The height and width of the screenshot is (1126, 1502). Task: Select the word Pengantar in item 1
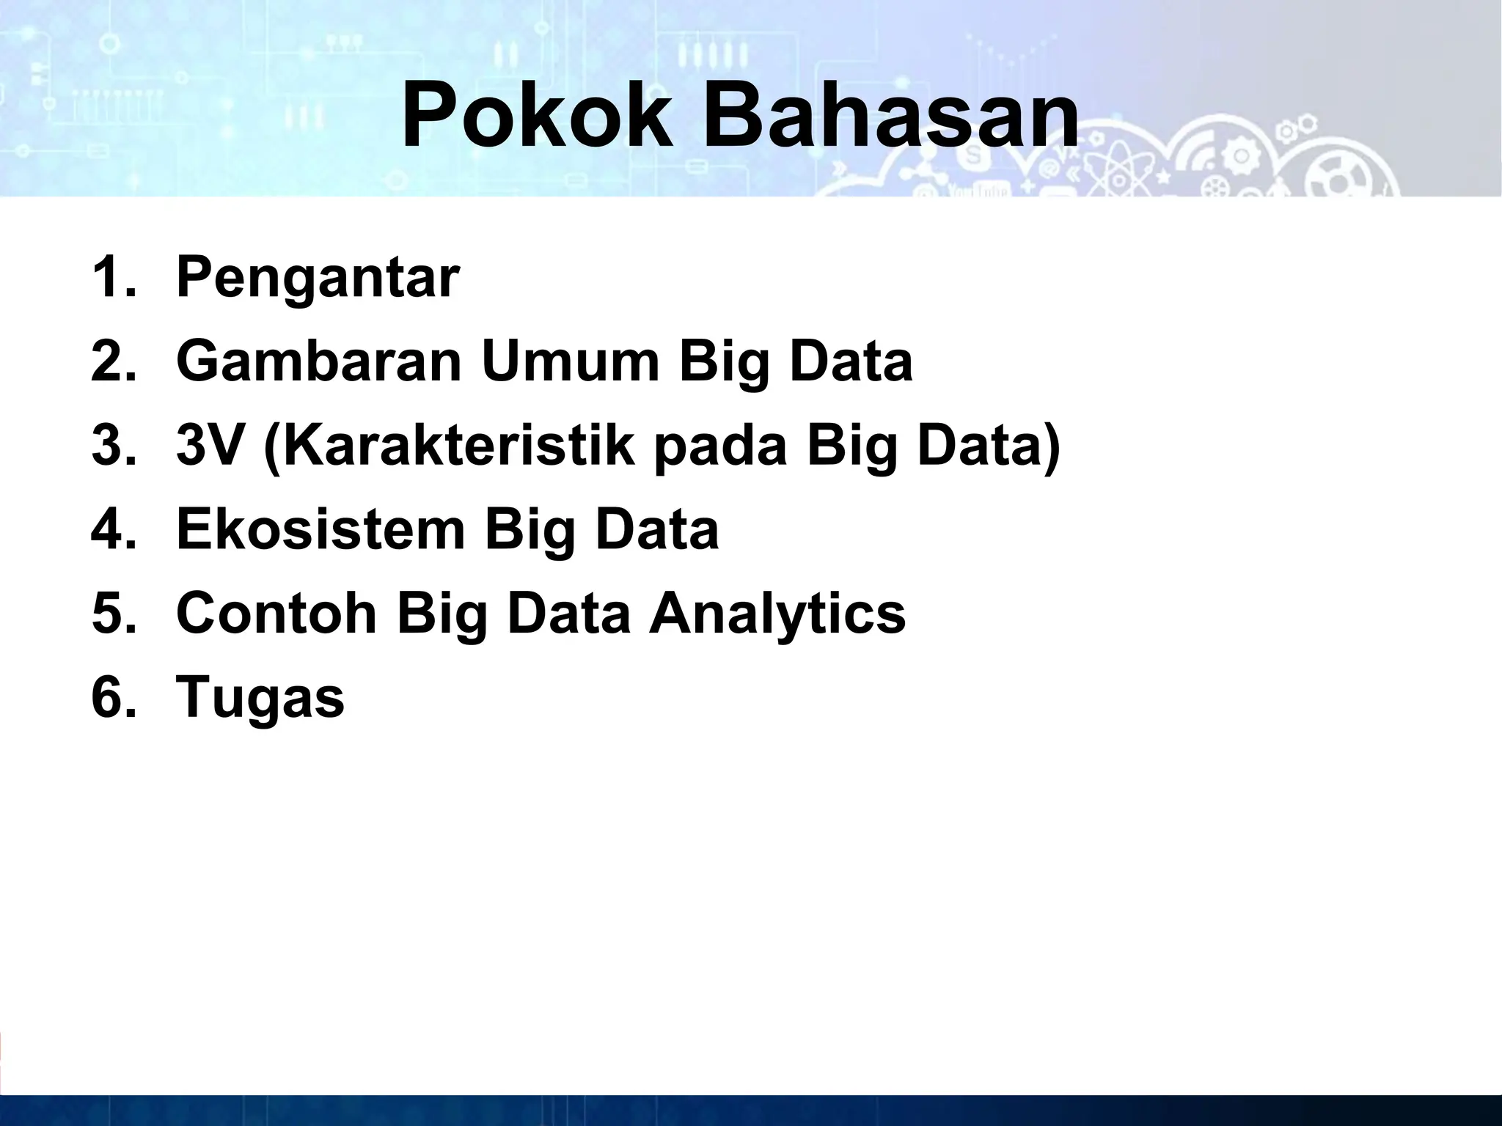click(x=318, y=279)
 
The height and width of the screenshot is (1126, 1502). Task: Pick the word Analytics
click(x=777, y=614)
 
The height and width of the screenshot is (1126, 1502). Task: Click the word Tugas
click(x=260, y=698)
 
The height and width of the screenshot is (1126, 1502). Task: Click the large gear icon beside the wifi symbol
click(x=1242, y=155)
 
